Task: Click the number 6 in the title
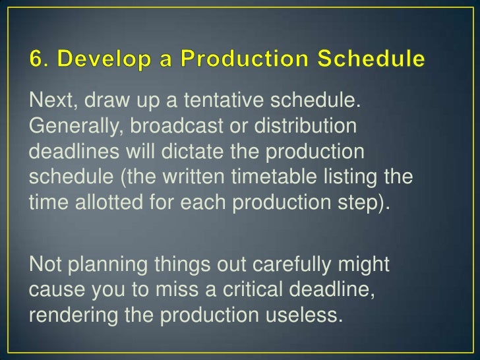coord(36,60)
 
